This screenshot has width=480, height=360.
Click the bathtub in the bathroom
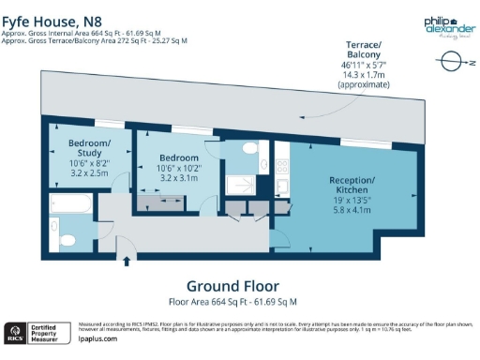click(75, 202)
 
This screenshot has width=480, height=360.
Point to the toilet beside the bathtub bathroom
click(55, 227)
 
